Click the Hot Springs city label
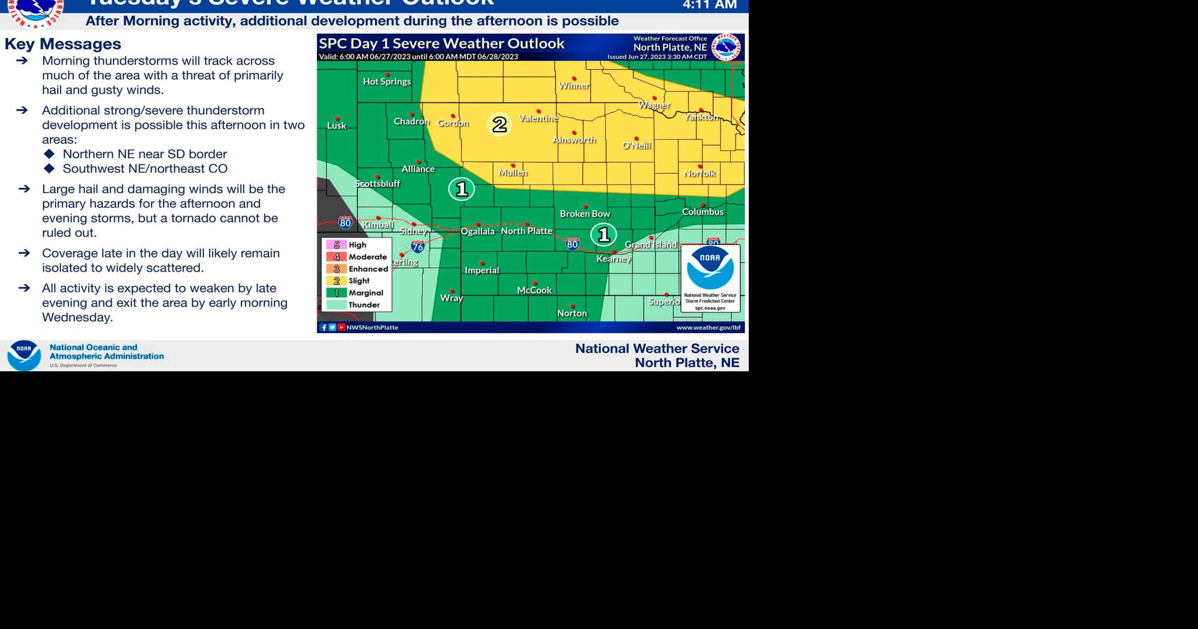click(x=387, y=82)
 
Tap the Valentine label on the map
click(x=538, y=119)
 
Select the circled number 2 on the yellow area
click(x=499, y=124)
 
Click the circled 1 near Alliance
click(x=462, y=189)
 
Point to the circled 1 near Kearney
click(x=603, y=235)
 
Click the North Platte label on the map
click(x=527, y=231)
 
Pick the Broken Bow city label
click(x=585, y=214)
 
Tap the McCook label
click(x=534, y=290)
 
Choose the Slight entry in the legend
click(x=358, y=281)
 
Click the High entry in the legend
click(x=357, y=245)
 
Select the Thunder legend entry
click(x=363, y=305)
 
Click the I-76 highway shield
click(x=418, y=246)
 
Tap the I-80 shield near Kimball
click(x=345, y=222)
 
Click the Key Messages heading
click(x=63, y=44)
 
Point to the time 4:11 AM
click(x=709, y=5)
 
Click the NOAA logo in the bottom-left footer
click(x=24, y=355)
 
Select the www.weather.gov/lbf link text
click(x=708, y=328)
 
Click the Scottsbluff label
click(x=377, y=184)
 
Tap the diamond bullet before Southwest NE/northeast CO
click(x=50, y=168)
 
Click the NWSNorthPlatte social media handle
click(x=372, y=328)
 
